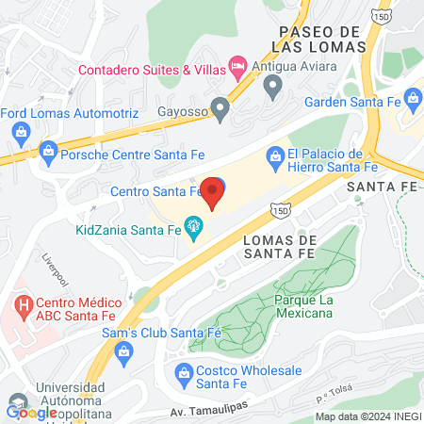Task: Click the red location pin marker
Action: click(213, 193)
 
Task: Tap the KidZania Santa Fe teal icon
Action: click(194, 227)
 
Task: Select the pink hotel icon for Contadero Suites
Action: click(238, 68)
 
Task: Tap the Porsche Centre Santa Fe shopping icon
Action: click(48, 150)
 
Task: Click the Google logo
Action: click(30, 411)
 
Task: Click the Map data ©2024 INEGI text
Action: click(367, 416)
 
